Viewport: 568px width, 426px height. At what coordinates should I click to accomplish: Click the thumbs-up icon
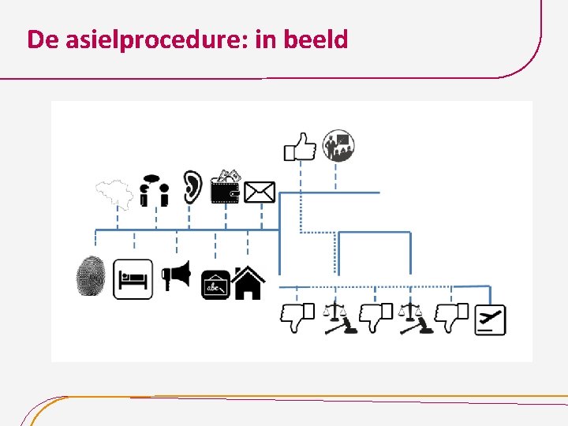300,146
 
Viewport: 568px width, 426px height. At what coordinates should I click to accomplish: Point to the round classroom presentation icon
339,145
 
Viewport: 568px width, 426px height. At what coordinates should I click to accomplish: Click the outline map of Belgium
113,193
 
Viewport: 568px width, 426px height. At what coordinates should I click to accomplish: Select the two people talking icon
154,193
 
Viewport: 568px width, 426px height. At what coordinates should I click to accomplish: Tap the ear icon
192,188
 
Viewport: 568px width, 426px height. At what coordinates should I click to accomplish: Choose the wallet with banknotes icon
226,188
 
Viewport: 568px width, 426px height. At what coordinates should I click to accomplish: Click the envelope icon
260,192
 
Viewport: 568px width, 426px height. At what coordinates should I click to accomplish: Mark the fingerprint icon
91,277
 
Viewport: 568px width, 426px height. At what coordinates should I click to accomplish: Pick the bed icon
133,279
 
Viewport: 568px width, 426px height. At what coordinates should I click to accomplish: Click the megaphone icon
176,276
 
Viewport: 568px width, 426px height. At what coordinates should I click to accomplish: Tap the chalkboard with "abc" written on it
215,284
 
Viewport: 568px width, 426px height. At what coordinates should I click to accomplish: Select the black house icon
248,282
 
